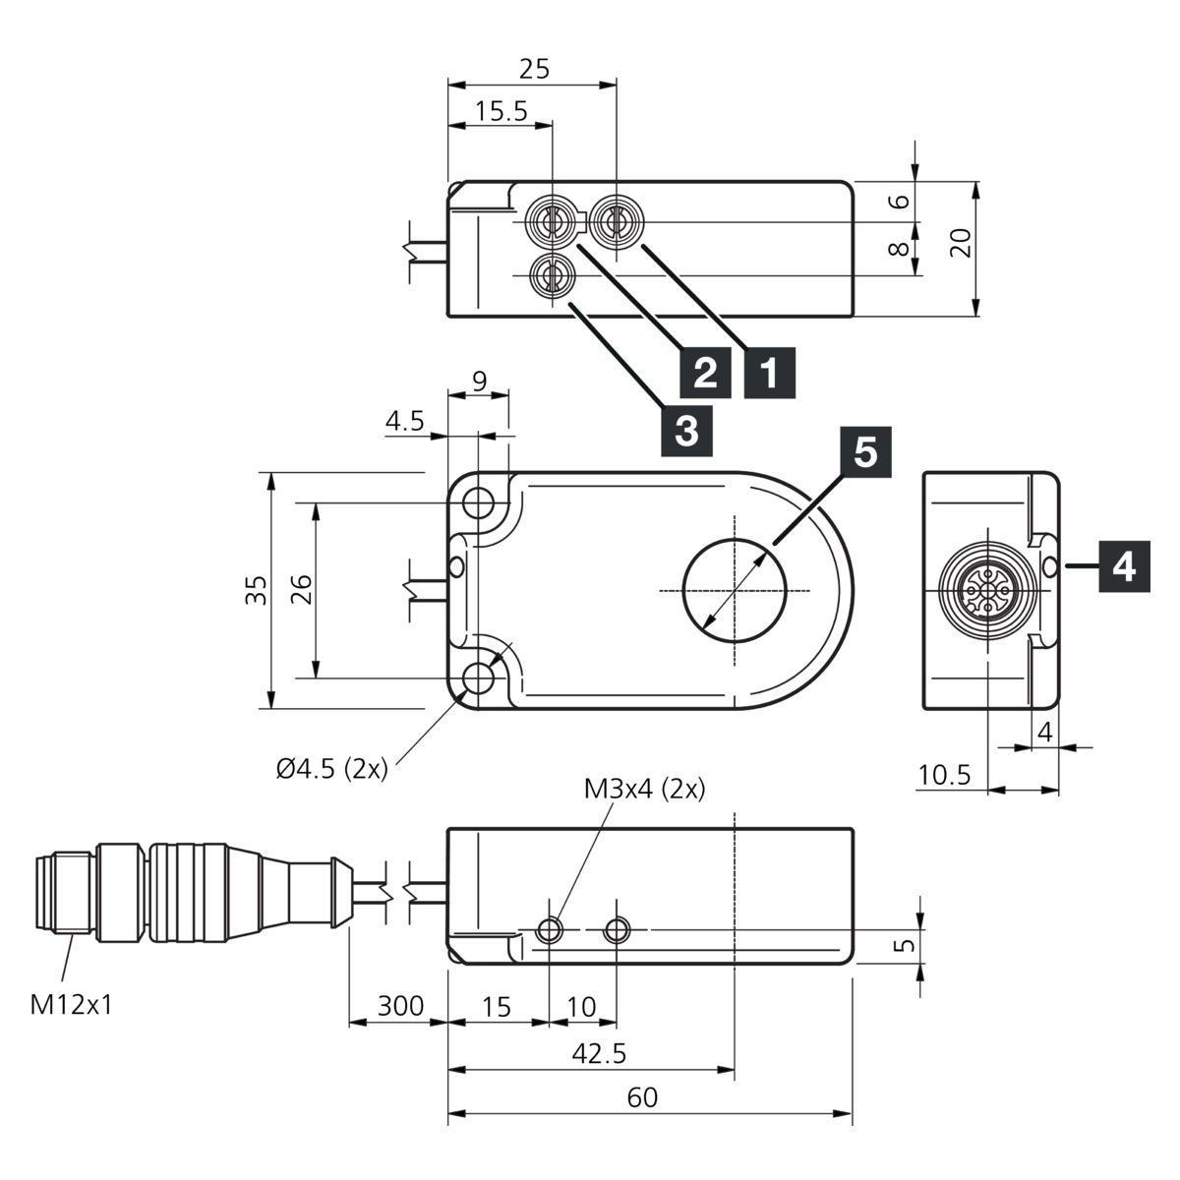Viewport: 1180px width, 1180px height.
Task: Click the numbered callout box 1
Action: pyautogui.click(x=769, y=373)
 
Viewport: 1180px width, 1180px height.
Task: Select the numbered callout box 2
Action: pyautogui.click(x=705, y=373)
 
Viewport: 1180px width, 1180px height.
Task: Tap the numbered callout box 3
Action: pyautogui.click(x=686, y=431)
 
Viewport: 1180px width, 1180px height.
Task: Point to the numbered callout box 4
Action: pyautogui.click(x=1124, y=566)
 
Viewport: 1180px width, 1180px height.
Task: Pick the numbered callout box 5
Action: pyautogui.click(x=866, y=452)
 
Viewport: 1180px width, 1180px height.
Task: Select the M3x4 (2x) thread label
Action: pyautogui.click(x=644, y=790)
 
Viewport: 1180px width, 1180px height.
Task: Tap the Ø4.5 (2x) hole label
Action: pyautogui.click(x=332, y=769)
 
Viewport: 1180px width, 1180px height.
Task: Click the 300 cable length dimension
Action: pyautogui.click(x=400, y=1006)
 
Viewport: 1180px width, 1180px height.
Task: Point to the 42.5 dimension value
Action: pyautogui.click(x=599, y=1053)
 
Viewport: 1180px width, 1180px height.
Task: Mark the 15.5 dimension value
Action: pyautogui.click(x=501, y=111)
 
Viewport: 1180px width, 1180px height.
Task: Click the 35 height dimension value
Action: pyautogui.click(x=257, y=590)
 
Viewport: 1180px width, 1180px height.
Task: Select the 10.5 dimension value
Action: pyautogui.click(x=944, y=775)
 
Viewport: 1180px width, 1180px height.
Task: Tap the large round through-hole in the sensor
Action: pyautogui.click(x=735, y=590)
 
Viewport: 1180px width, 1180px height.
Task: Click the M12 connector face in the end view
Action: pyautogui.click(x=988, y=591)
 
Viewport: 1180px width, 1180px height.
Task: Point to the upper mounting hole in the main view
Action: pyautogui.click(x=478, y=503)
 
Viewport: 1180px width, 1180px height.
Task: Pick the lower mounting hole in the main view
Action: pyautogui.click(x=478, y=678)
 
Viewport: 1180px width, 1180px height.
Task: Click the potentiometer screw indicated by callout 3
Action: pyautogui.click(x=553, y=275)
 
